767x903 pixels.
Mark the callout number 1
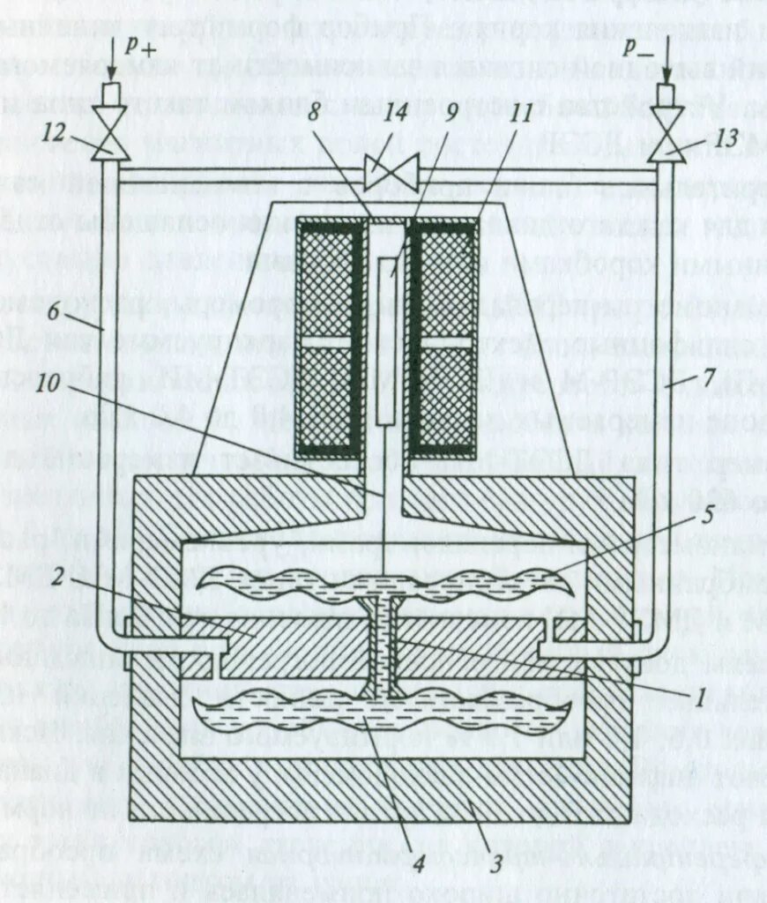tap(699, 698)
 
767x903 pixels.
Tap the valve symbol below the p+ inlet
tap(110, 141)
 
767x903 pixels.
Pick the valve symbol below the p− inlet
tap(666, 141)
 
